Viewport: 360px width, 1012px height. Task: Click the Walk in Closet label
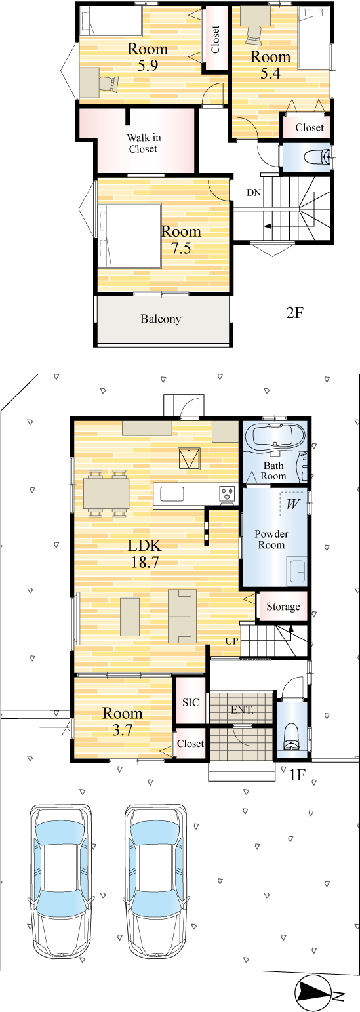click(143, 143)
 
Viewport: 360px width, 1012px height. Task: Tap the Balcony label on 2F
click(161, 319)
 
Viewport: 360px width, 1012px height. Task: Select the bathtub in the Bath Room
click(274, 436)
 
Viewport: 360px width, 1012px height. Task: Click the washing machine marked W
click(292, 503)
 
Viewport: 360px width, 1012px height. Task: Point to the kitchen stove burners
click(227, 493)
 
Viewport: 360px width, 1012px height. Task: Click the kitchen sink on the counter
click(172, 494)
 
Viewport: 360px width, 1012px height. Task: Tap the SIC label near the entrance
click(191, 702)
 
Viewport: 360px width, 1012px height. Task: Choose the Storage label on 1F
click(283, 606)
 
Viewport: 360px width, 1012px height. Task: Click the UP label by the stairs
click(231, 641)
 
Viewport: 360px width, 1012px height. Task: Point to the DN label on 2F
click(254, 193)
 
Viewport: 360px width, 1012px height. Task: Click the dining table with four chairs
click(107, 493)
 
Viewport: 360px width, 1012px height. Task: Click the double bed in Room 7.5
click(130, 235)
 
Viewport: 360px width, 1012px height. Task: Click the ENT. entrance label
click(242, 710)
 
